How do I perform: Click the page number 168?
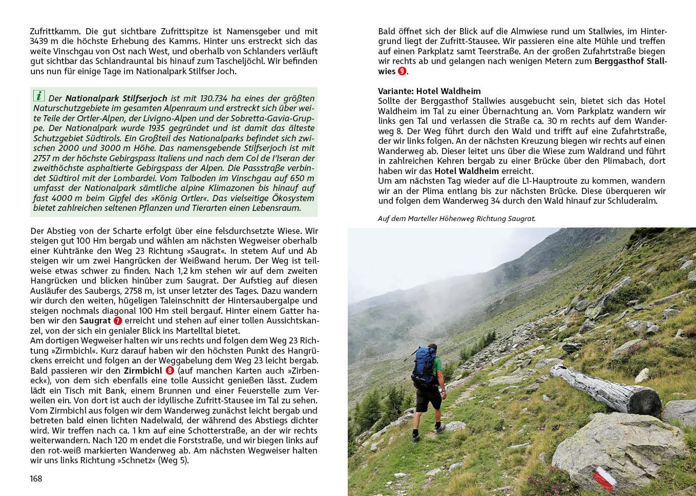(36, 479)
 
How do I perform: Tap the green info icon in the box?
(39, 96)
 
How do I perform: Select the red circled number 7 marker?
(118, 321)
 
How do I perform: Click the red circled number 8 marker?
(170, 371)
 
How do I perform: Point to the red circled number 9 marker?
(402, 72)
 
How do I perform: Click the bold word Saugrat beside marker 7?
(95, 321)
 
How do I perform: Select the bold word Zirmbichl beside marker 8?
(143, 371)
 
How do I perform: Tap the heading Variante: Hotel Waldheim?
(429, 91)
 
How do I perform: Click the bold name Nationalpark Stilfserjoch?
(116, 98)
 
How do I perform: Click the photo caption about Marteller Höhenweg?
(456, 219)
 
